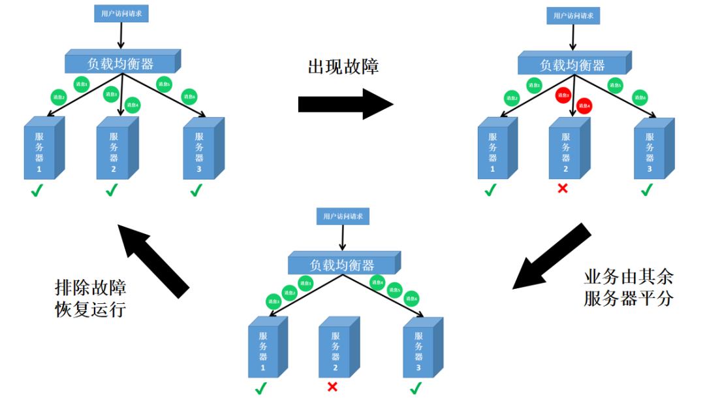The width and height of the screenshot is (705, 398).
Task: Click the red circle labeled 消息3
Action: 563,95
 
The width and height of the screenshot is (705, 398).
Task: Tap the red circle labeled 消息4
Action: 584,105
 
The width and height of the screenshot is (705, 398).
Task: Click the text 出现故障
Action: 343,67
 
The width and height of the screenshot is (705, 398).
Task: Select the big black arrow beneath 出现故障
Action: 345,104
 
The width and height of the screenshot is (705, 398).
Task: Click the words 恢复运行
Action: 91,309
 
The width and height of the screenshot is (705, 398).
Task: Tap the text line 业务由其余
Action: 628,276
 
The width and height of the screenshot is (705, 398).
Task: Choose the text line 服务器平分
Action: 628,299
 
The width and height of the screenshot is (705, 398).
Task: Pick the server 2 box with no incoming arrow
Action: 339,349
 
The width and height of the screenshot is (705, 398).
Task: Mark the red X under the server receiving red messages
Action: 562,190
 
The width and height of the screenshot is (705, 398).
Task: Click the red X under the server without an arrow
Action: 332,387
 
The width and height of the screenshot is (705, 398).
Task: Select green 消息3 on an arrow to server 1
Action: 273,301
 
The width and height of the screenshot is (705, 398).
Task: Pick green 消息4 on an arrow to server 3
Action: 377,282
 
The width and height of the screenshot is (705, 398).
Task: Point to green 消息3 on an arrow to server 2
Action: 111,95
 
